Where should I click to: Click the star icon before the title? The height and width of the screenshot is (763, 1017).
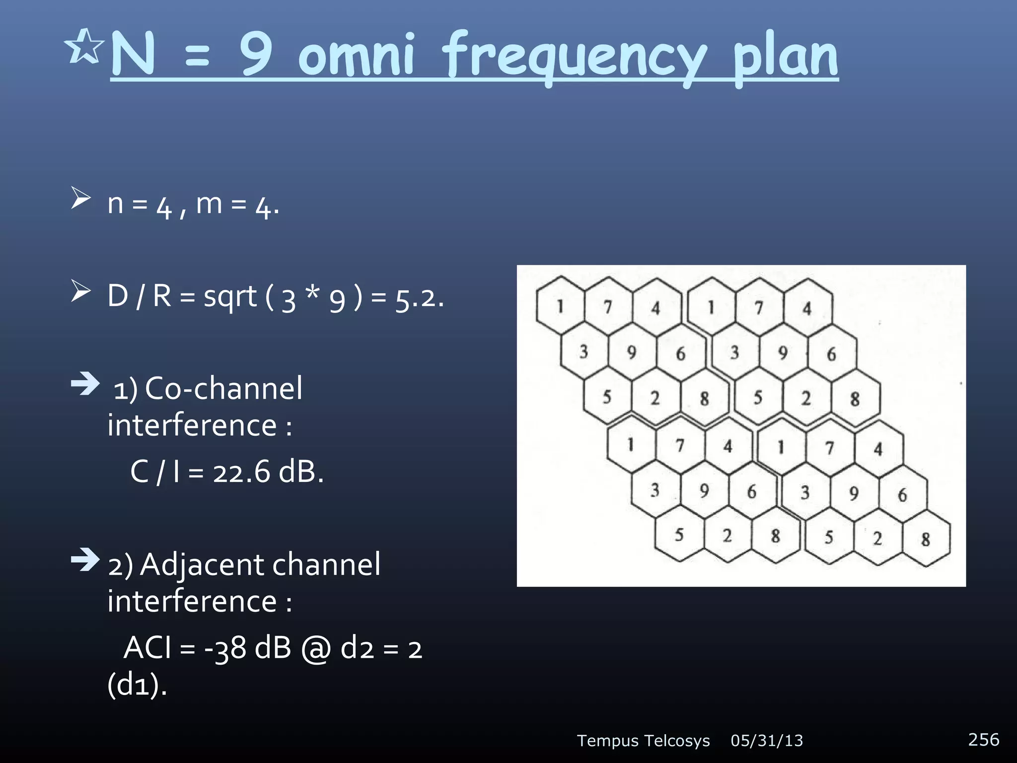click(x=83, y=47)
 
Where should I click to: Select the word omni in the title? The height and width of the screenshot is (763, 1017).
click(x=356, y=56)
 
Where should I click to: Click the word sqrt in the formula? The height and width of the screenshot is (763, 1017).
click(x=230, y=297)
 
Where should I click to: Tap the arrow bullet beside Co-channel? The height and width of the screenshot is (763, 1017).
click(x=85, y=383)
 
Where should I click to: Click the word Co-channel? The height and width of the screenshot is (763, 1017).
click(x=223, y=388)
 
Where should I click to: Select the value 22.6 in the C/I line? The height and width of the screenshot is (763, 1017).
click(x=241, y=471)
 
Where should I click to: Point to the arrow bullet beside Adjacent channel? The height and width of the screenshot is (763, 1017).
click(x=85, y=560)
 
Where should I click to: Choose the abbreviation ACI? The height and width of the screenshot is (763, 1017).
click(x=147, y=648)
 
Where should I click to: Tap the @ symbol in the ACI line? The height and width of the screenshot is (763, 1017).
click(x=316, y=649)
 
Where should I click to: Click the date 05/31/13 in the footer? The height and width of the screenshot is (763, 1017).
click(x=767, y=741)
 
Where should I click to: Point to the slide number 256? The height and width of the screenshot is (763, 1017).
click(x=983, y=739)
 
